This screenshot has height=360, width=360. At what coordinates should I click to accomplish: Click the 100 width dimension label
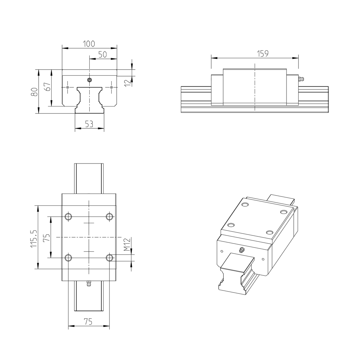pyautogui.click(x=89, y=44)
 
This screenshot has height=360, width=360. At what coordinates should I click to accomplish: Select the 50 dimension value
pyautogui.click(x=103, y=55)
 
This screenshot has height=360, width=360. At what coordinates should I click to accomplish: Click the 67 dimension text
pyautogui.click(x=47, y=88)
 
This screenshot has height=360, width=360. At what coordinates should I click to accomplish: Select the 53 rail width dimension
pyautogui.click(x=89, y=124)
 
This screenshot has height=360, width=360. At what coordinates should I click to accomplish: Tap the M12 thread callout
pyautogui.click(x=127, y=244)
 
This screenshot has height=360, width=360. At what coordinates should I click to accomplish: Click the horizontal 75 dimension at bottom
pyautogui.click(x=88, y=322)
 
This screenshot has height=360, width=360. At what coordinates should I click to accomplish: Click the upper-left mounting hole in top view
pyautogui.click(x=68, y=216)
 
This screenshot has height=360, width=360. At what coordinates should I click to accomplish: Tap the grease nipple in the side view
pyautogui.click(x=301, y=79)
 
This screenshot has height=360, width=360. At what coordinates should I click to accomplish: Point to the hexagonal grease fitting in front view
pyautogui.click(x=89, y=80)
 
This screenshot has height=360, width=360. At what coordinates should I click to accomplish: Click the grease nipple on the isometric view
pyautogui.click(x=241, y=250)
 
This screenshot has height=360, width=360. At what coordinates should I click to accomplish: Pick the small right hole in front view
pyautogui.click(x=111, y=87)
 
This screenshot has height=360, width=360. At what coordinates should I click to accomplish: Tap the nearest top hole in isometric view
pyautogui.click(x=231, y=225)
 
